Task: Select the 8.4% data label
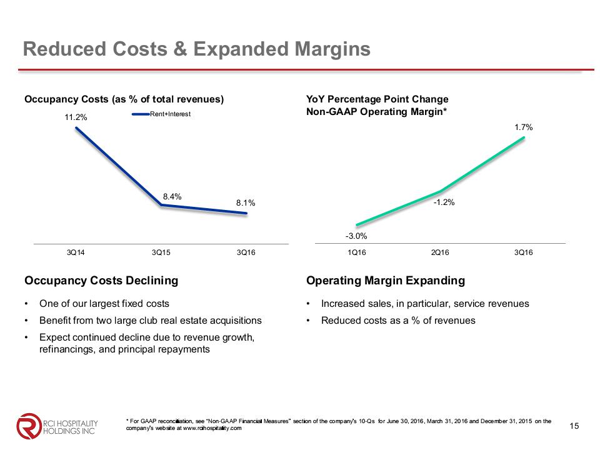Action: pyautogui.click(x=172, y=196)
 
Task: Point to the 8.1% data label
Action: pyautogui.click(x=246, y=203)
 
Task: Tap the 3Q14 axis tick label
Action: pyautogui.click(x=76, y=252)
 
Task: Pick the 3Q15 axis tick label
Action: pyautogui.click(x=162, y=252)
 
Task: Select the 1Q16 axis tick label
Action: pyautogui.click(x=356, y=252)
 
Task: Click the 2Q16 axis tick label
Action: pyautogui.click(x=440, y=252)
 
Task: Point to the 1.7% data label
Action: pyautogui.click(x=523, y=127)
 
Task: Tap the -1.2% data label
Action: pyautogui.click(x=444, y=202)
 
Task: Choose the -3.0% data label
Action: pyautogui.click(x=356, y=236)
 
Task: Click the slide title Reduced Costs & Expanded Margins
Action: pyautogui.click(x=196, y=49)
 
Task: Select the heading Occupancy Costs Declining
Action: pyautogui.click(x=101, y=281)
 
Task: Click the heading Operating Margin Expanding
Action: pyautogui.click(x=386, y=281)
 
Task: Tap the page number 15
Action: pyautogui.click(x=575, y=426)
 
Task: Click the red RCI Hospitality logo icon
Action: pyautogui.click(x=27, y=425)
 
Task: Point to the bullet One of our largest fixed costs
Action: pyautogui.click(x=104, y=304)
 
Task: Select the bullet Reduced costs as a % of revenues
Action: pyautogui.click(x=398, y=321)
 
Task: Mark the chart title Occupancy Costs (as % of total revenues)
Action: pyautogui.click(x=124, y=99)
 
